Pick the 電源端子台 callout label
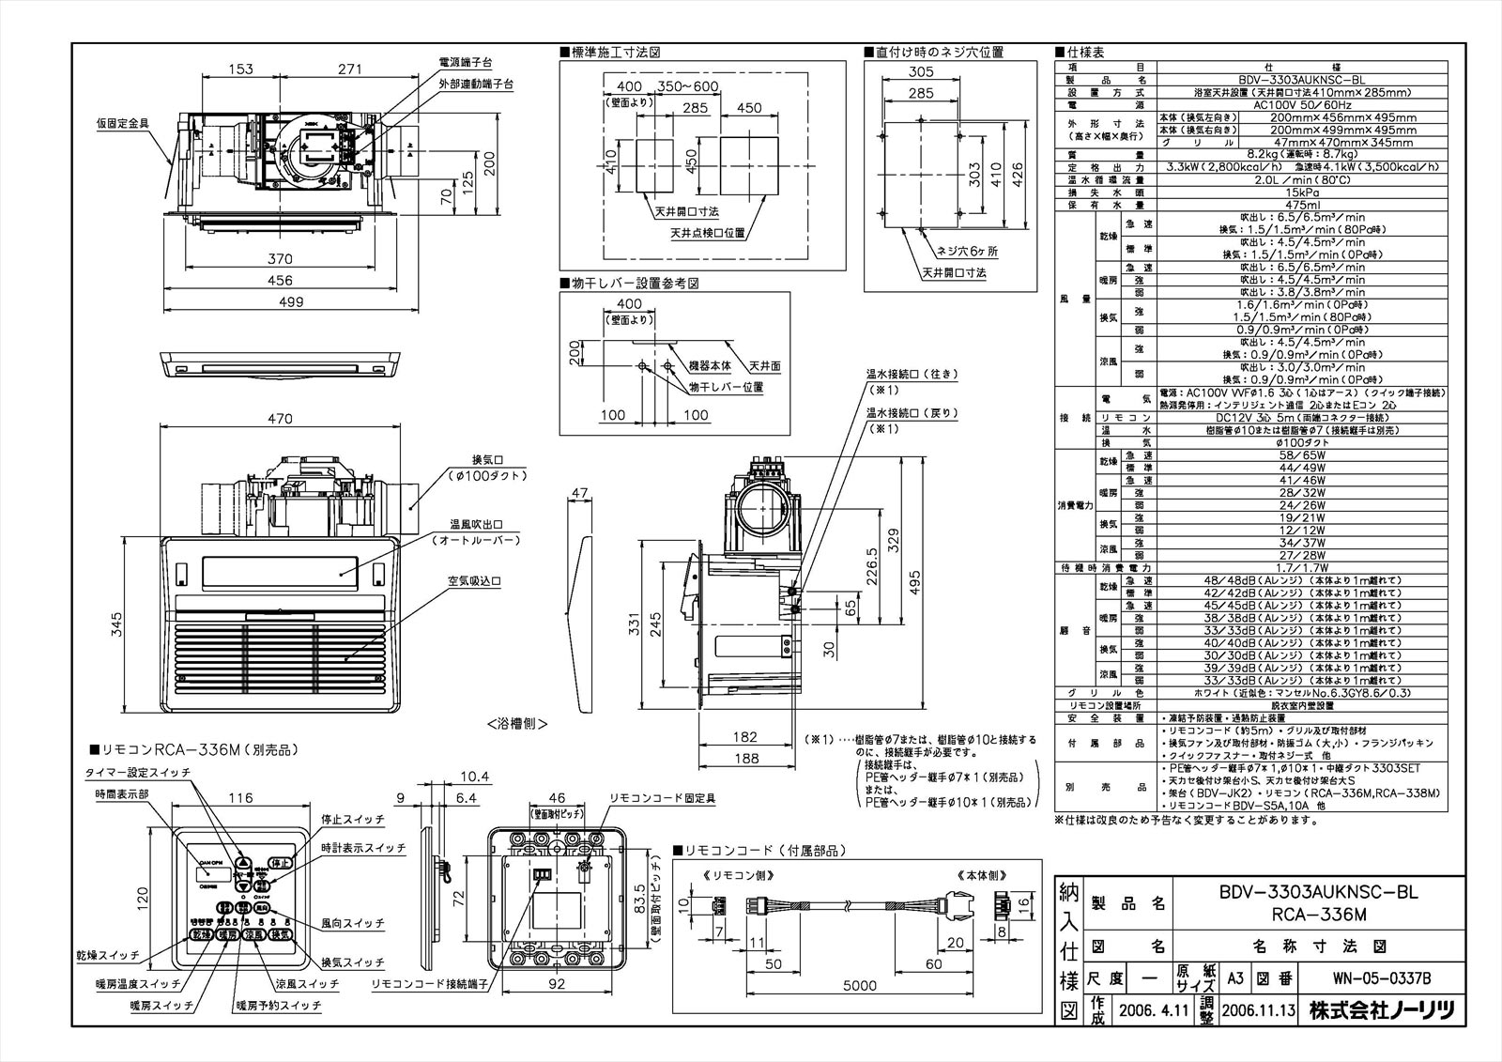(x=466, y=62)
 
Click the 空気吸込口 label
(x=473, y=581)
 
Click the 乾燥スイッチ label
(x=107, y=955)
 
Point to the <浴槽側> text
(x=516, y=724)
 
